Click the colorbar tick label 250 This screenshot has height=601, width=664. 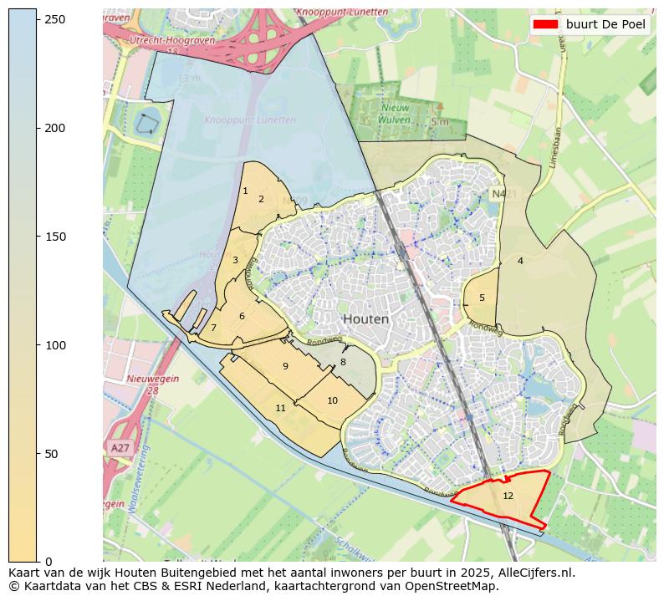click(55, 19)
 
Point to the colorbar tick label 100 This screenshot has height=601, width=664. click(55, 344)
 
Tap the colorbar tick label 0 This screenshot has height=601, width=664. click(49, 561)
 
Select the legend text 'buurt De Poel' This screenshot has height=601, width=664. click(605, 24)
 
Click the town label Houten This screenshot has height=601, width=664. click(365, 319)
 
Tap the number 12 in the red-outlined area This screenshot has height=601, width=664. click(508, 496)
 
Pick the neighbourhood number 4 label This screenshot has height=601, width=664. click(520, 261)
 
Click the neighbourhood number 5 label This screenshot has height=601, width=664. click(482, 298)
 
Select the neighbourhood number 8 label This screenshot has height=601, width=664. click(343, 362)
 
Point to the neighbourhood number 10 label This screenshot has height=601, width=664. click(332, 400)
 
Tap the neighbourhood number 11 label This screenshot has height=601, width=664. click(281, 408)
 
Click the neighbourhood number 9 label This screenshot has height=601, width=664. click(285, 366)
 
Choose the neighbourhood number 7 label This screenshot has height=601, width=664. click(213, 328)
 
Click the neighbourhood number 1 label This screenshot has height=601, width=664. click(245, 191)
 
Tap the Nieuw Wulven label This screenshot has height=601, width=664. click(396, 113)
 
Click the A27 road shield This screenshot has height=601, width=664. click(120, 448)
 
